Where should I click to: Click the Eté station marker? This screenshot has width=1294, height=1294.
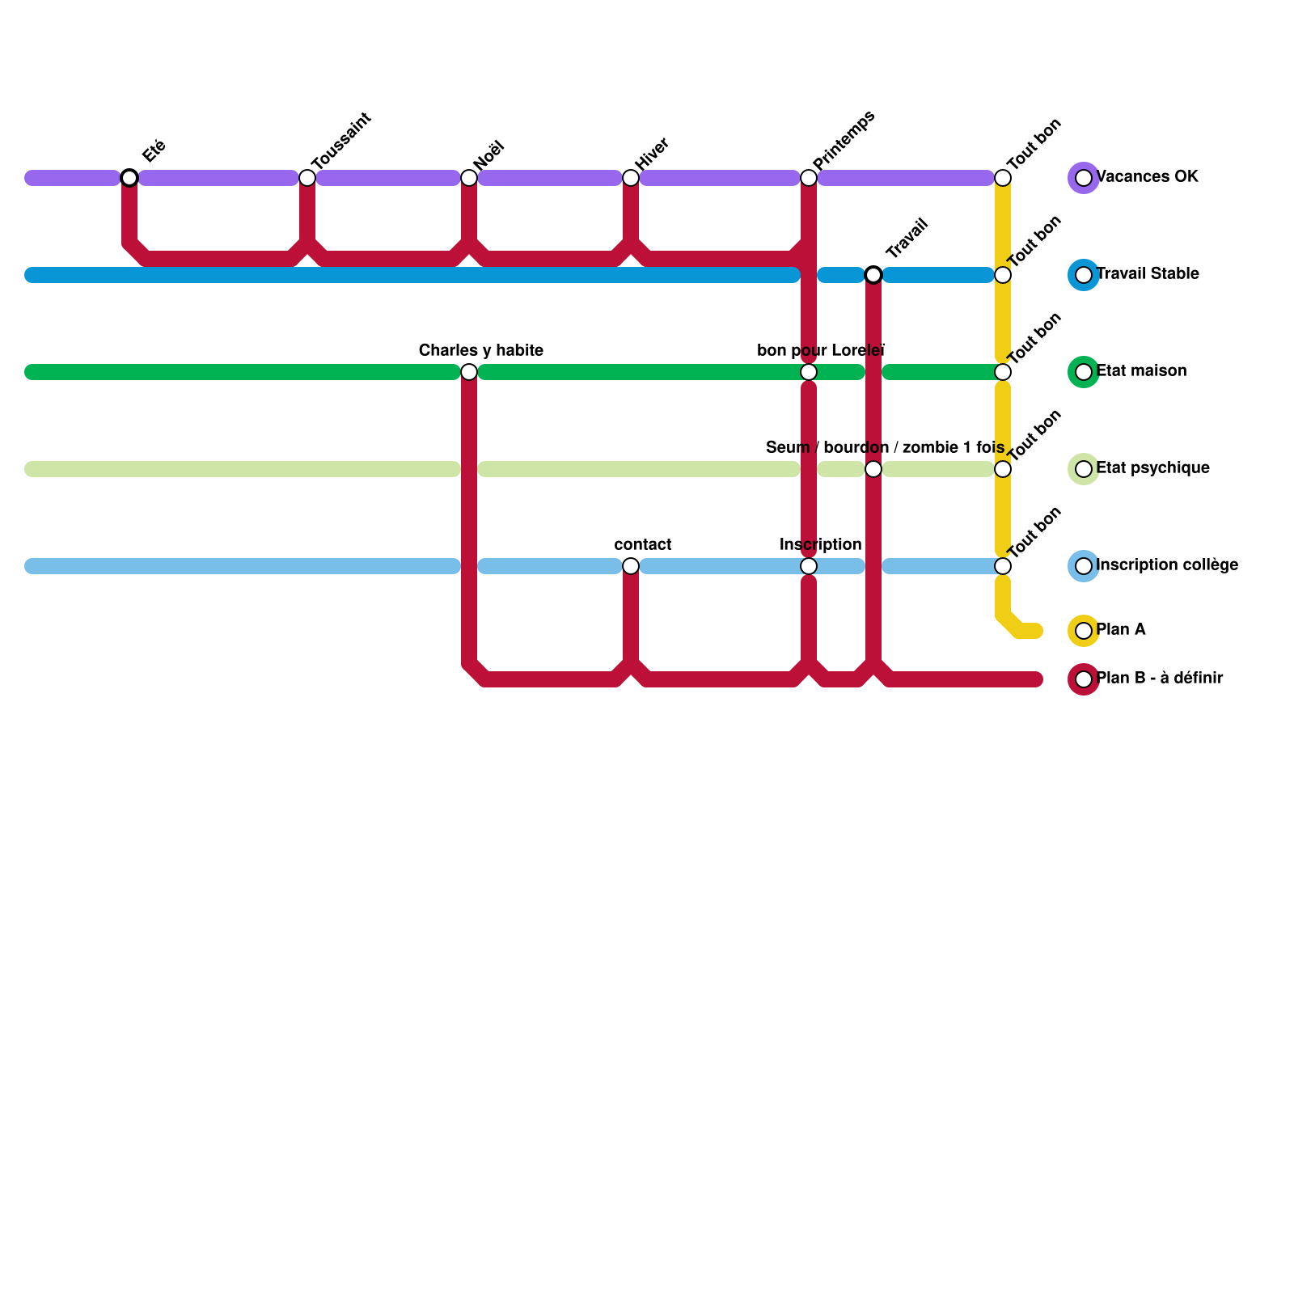click(x=129, y=178)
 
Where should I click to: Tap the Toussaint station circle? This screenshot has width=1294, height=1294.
click(x=307, y=178)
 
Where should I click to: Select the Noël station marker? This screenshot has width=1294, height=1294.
click(x=469, y=178)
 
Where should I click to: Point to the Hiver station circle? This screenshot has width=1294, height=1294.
click(x=631, y=178)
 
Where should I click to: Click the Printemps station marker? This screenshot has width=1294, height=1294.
click(x=809, y=178)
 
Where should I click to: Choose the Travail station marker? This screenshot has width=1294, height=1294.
click(x=873, y=275)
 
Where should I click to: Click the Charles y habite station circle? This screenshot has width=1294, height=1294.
click(x=469, y=372)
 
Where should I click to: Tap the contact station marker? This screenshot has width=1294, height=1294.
click(x=631, y=566)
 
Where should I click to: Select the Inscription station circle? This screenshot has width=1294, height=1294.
click(x=809, y=566)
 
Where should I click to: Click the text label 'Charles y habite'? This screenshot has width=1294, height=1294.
click(x=480, y=351)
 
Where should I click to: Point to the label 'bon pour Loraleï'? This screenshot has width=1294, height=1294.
click(x=821, y=351)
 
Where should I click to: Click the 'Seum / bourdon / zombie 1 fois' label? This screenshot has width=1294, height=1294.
click(x=885, y=448)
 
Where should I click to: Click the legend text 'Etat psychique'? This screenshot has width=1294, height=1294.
click(x=1152, y=468)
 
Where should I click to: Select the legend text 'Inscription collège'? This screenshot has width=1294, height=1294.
click(x=1166, y=565)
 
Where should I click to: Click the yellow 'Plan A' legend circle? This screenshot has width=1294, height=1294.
click(x=1084, y=631)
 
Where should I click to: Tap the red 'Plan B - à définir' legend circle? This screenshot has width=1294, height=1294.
click(x=1084, y=679)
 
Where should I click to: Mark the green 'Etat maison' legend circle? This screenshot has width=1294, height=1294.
click(x=1084, y=372)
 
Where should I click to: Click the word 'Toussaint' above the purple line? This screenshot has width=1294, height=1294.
click(x=340, y=141)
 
